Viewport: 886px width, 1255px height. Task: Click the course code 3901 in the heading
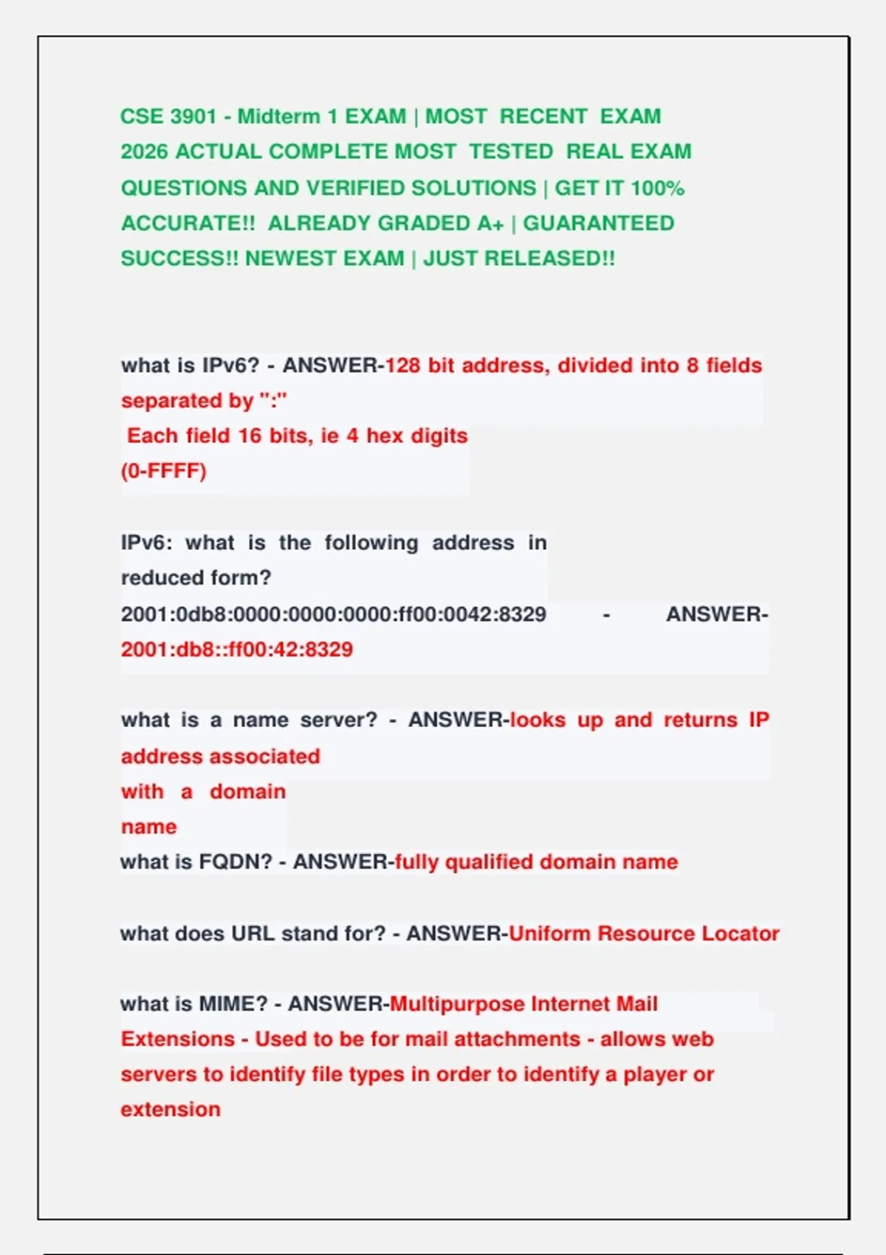[x=193, y=117]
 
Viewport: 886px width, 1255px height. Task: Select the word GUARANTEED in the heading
[x=598, y=223]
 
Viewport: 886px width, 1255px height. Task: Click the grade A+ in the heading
[x=490, y=223]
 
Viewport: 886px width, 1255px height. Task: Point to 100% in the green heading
[x=658, y=188]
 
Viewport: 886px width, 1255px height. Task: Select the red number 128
[x=403, y=365]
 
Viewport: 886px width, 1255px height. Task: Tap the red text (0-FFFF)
[x=164, y=471]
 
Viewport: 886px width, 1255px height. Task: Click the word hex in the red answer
[x=385, y=436]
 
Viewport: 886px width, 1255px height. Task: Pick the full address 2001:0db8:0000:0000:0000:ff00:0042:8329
[x=334, y=614]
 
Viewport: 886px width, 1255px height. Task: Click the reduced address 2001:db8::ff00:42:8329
[x=237, y=650]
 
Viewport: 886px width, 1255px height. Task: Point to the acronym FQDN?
[x=236, y=862]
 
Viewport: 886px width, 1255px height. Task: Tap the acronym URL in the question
[x=253, y=933]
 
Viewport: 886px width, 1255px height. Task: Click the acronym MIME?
[x=233, y=1004]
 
